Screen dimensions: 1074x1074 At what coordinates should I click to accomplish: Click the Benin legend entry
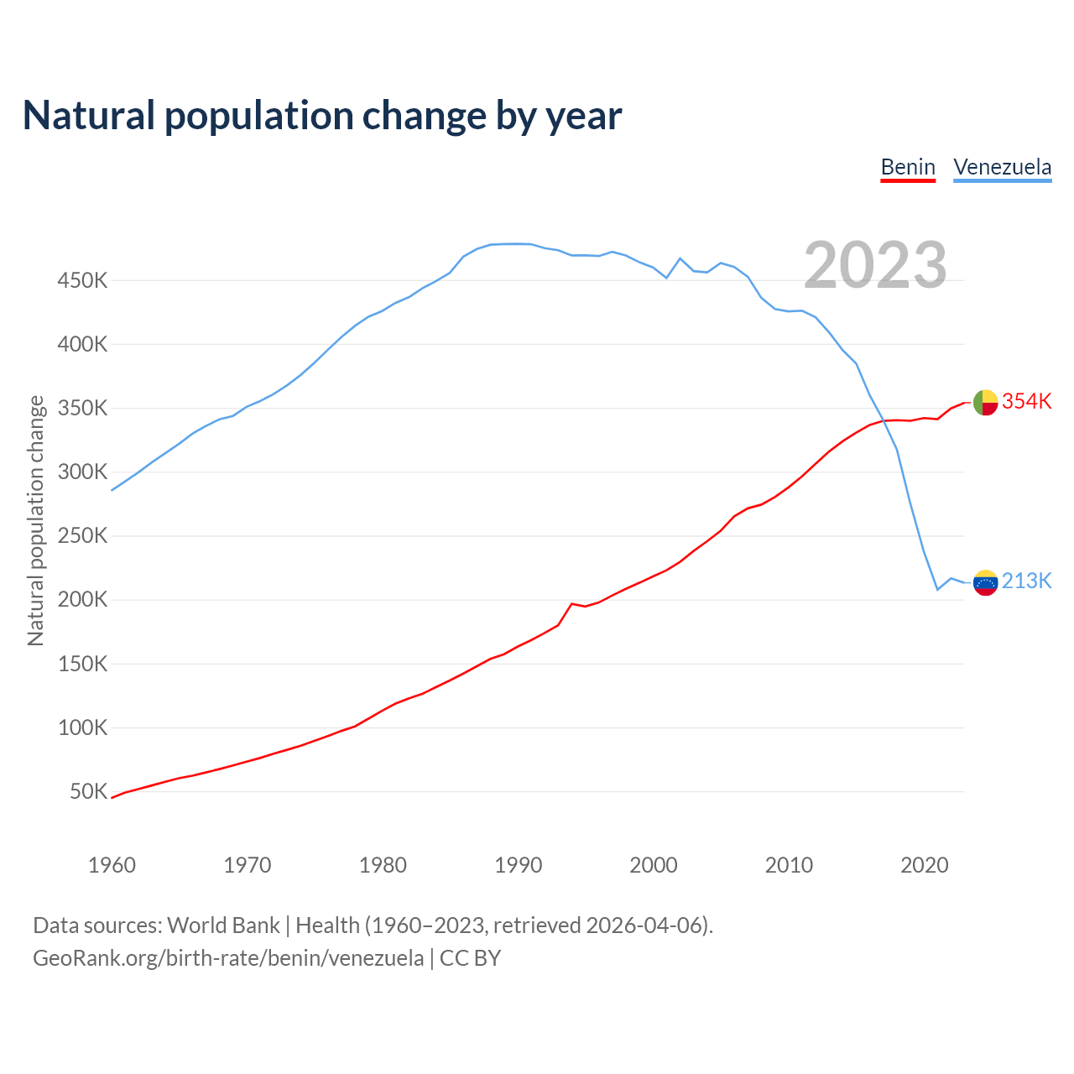pos(908,167)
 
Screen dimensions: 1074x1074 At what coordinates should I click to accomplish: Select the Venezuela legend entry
pos(1002,167)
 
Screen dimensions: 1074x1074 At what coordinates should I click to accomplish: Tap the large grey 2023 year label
pos(875,265)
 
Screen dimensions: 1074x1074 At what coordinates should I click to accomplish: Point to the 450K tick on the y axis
pos(82,281)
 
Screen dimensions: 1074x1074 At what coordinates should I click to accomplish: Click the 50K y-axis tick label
pos(88,792)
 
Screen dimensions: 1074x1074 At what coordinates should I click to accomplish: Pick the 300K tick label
pos(82,472)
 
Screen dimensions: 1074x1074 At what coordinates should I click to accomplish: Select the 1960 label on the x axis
pos(112,865)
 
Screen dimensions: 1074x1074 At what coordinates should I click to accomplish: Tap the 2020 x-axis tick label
pos(924,865)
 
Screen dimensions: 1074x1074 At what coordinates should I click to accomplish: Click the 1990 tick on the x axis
pos(518,865)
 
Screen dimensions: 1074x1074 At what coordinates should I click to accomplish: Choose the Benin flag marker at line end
pos(985,403)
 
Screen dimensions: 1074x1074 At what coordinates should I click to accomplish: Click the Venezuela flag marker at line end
pos(985,582)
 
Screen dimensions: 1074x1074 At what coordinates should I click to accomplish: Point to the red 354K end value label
pos(1026,402)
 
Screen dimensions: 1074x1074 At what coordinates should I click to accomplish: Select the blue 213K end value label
pos(1026,581)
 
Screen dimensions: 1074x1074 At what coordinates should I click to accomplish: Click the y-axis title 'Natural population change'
pos(36,520)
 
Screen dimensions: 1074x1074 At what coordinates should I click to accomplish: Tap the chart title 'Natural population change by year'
pos(322,116)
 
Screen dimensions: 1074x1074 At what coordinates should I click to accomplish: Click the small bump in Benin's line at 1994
pos(572,603)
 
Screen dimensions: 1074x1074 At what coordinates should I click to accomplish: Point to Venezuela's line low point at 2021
pos(937,590)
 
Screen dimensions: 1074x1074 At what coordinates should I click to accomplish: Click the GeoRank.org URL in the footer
pos(228,958)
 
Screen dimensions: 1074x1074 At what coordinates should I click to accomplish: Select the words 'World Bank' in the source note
pos(223,925)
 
